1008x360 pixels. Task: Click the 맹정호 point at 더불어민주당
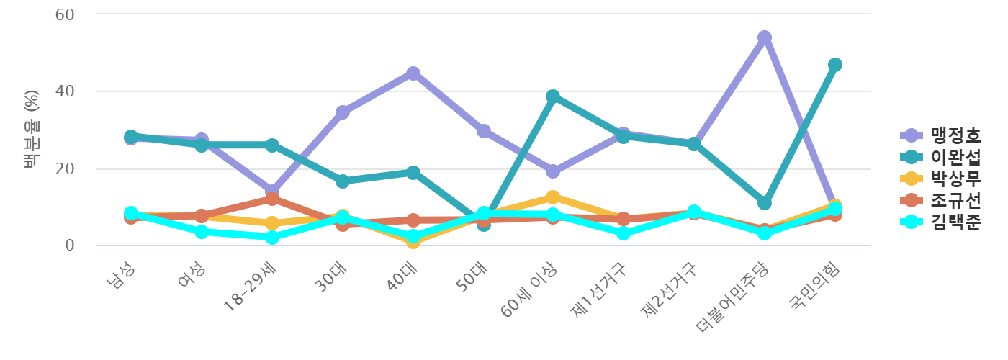[765, 37]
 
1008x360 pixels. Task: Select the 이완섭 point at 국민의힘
[835, 65]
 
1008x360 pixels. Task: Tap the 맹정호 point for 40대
[413, 73]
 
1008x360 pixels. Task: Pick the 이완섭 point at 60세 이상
[553, 96]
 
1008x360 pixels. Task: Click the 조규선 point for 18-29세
[272, 198]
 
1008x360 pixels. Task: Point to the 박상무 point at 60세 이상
[553, 197]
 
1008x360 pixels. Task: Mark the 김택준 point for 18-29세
[272, 237]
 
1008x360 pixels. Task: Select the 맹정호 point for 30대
[343, 112]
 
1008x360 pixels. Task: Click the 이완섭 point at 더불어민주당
[765, 203]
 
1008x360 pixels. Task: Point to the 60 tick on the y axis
[65, 14]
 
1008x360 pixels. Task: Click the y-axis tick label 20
[65, 169]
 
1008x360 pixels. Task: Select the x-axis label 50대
[475, 276]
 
